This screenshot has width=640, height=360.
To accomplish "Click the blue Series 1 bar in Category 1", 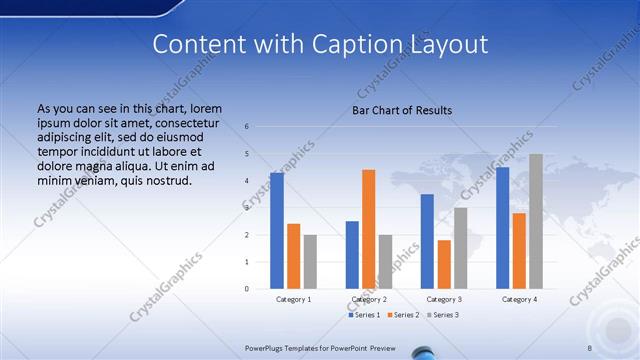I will click(x=277, y=231).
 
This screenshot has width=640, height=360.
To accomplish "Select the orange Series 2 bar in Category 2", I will click(x=368, y=229).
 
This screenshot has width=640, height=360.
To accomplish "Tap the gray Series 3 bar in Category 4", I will click(x=535, y=221).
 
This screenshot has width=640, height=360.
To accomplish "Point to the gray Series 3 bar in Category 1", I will click(x=310, y=262).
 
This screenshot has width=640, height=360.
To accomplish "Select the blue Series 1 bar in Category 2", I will click(x=352, y=255).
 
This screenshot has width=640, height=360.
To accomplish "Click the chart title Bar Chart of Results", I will click(x=402, y=111).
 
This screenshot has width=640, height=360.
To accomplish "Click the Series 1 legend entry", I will click(x=365, y=315).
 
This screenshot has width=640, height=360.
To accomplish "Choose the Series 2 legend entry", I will click(x=403, y=315).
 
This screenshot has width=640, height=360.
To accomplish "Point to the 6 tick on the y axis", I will click(x=247, y=127).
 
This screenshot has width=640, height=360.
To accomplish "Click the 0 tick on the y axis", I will click(x=247, y=289).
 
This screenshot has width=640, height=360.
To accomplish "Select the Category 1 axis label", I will click(x=294, y=299).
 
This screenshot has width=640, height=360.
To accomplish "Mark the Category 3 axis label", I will click(x=444, y=299).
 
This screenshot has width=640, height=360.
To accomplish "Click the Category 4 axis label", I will click(x=519, y=299).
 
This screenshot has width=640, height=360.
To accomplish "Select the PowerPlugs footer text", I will click(x=321, y=347).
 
